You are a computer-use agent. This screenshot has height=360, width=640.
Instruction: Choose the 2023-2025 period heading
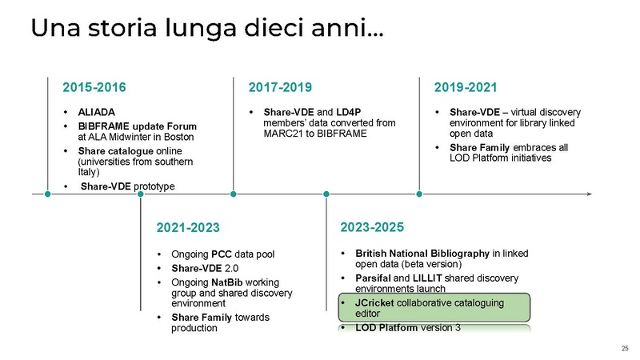pos(373,227)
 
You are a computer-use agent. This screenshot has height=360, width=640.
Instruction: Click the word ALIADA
pos(96,112)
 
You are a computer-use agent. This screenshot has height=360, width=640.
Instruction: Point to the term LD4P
pos(350,112)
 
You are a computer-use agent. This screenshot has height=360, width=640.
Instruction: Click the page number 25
pos(625,347)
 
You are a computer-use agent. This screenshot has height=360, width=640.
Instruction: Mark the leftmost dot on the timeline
pos(48,193)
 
